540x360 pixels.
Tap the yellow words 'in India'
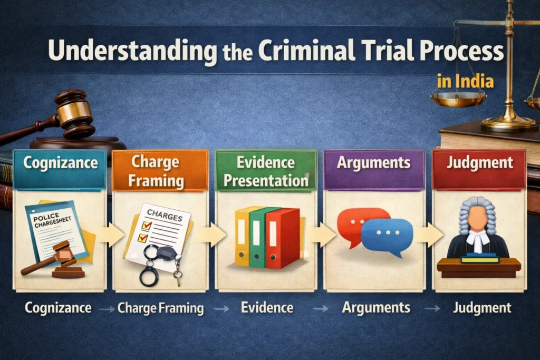point(466,82)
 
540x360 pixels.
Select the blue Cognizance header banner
point(60,163)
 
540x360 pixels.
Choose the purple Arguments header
point(373,162)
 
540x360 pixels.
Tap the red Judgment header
point(479,162)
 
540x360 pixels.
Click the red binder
point(282,237)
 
